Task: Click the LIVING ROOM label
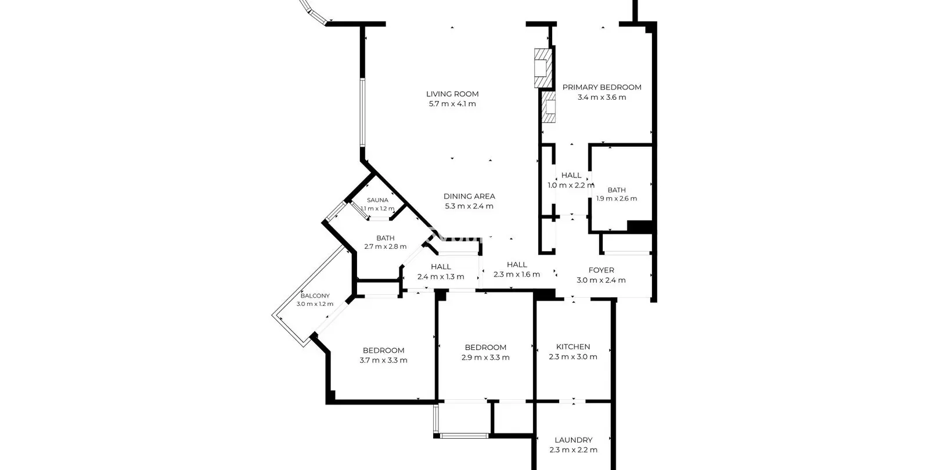(x=452, y=94)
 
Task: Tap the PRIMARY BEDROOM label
(x=602, y=88)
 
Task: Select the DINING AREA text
(x=469, y=197)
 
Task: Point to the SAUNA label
(x=377, y=200)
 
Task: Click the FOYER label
(x=601, y=270)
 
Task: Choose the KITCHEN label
(x=572, y=347)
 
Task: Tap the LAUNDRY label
(x=573, y=440)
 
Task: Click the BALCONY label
(x=315, y=296)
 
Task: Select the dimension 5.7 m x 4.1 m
(x=452, y=104)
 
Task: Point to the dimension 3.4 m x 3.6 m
(x=602, y=97)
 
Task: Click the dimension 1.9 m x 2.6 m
(x=616, y=198)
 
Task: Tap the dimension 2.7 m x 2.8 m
(x=386, y=247)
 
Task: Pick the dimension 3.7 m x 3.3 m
(x=383, y=360)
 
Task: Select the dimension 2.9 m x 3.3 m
(x=485, y=357)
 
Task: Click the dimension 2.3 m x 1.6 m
(x=517, y=274)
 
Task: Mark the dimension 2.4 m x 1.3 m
(x=441, y=277)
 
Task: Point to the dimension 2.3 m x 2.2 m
(x=573, y=450)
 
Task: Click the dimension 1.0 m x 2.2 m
(x=571, y=185)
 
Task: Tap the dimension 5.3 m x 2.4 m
(x=469, y=207)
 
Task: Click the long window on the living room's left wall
(x=362, y=113)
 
